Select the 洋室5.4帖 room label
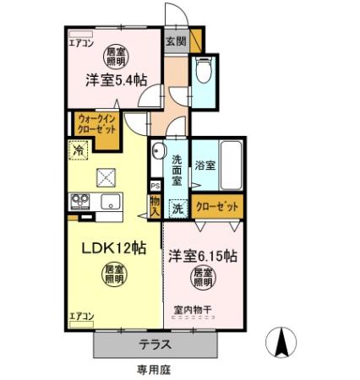tap(115, 80)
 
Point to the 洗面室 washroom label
tap(177, 169)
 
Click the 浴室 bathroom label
tap(205, 165)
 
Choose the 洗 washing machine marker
tap(177, 208)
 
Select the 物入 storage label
tap(155, 205)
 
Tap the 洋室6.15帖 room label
tap(202, 253)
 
